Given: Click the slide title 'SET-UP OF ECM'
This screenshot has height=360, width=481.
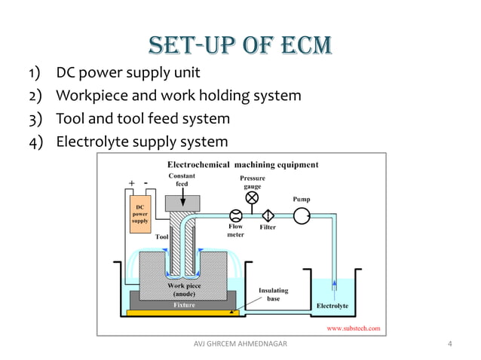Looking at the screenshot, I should pos(240,44).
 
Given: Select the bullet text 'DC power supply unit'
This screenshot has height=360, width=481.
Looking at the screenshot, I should pos(128,74).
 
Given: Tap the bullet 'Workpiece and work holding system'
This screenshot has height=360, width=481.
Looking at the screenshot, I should pos(179,96).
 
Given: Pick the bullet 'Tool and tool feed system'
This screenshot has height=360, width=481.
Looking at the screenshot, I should pos(143,119).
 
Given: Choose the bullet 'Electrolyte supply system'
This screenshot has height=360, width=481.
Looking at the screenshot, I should pos(142,142).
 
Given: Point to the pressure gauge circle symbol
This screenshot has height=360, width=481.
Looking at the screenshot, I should pos(252,198).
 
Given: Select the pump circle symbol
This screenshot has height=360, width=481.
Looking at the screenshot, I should pos(302,215).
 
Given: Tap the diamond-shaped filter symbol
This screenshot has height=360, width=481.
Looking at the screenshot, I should pos(268,215).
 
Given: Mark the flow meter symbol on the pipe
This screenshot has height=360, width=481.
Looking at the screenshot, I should pos(234,215).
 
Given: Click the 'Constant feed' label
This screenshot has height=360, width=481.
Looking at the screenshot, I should pos(182,179).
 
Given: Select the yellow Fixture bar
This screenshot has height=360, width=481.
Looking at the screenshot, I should pos(183,305).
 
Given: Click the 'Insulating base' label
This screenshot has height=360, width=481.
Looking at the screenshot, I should pos(273,294).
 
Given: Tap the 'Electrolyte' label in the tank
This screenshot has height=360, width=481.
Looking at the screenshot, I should pos(332,306).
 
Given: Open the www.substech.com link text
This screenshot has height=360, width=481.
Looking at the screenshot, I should pos(353,328).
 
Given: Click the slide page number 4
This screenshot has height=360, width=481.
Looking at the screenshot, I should pos(449,344).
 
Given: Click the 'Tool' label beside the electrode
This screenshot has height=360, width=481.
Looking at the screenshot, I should pos(161,236).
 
